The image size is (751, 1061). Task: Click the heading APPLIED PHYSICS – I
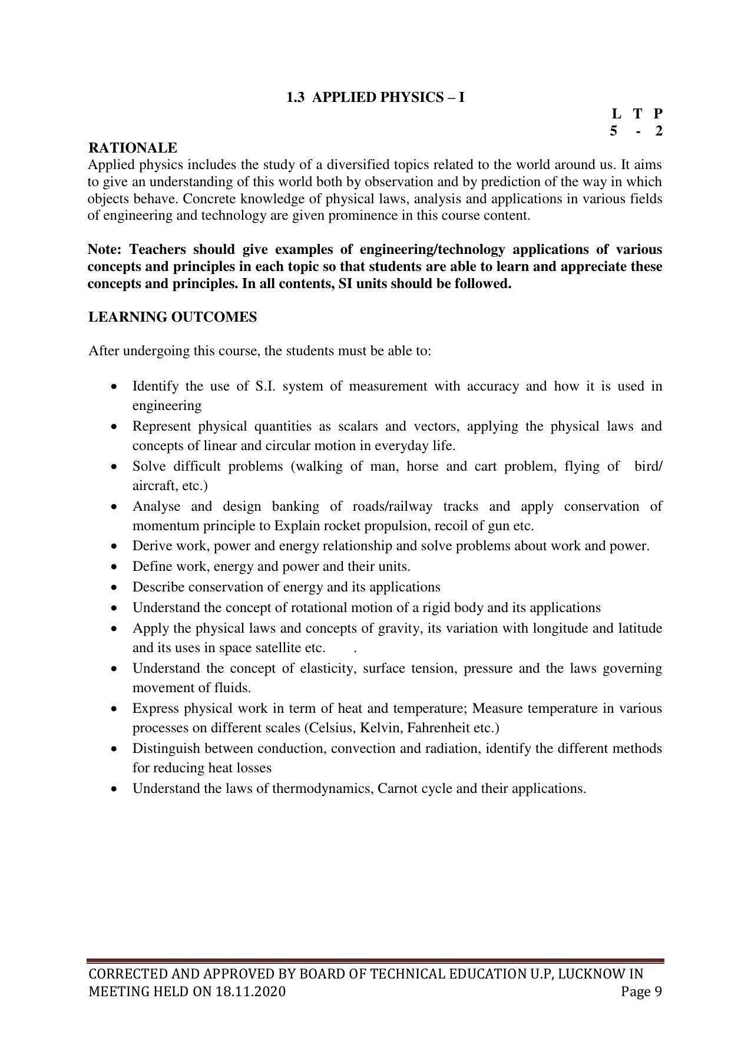coord(388,98)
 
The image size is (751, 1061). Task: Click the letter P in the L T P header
coord(658,114)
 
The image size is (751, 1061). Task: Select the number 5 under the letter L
coord(614,131)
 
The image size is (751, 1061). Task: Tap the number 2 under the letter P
coord(659,131)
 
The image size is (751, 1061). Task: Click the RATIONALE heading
coord(133,148)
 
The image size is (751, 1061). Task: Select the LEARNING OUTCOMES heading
coord(173,317)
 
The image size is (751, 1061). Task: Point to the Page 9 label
coord(641,991)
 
